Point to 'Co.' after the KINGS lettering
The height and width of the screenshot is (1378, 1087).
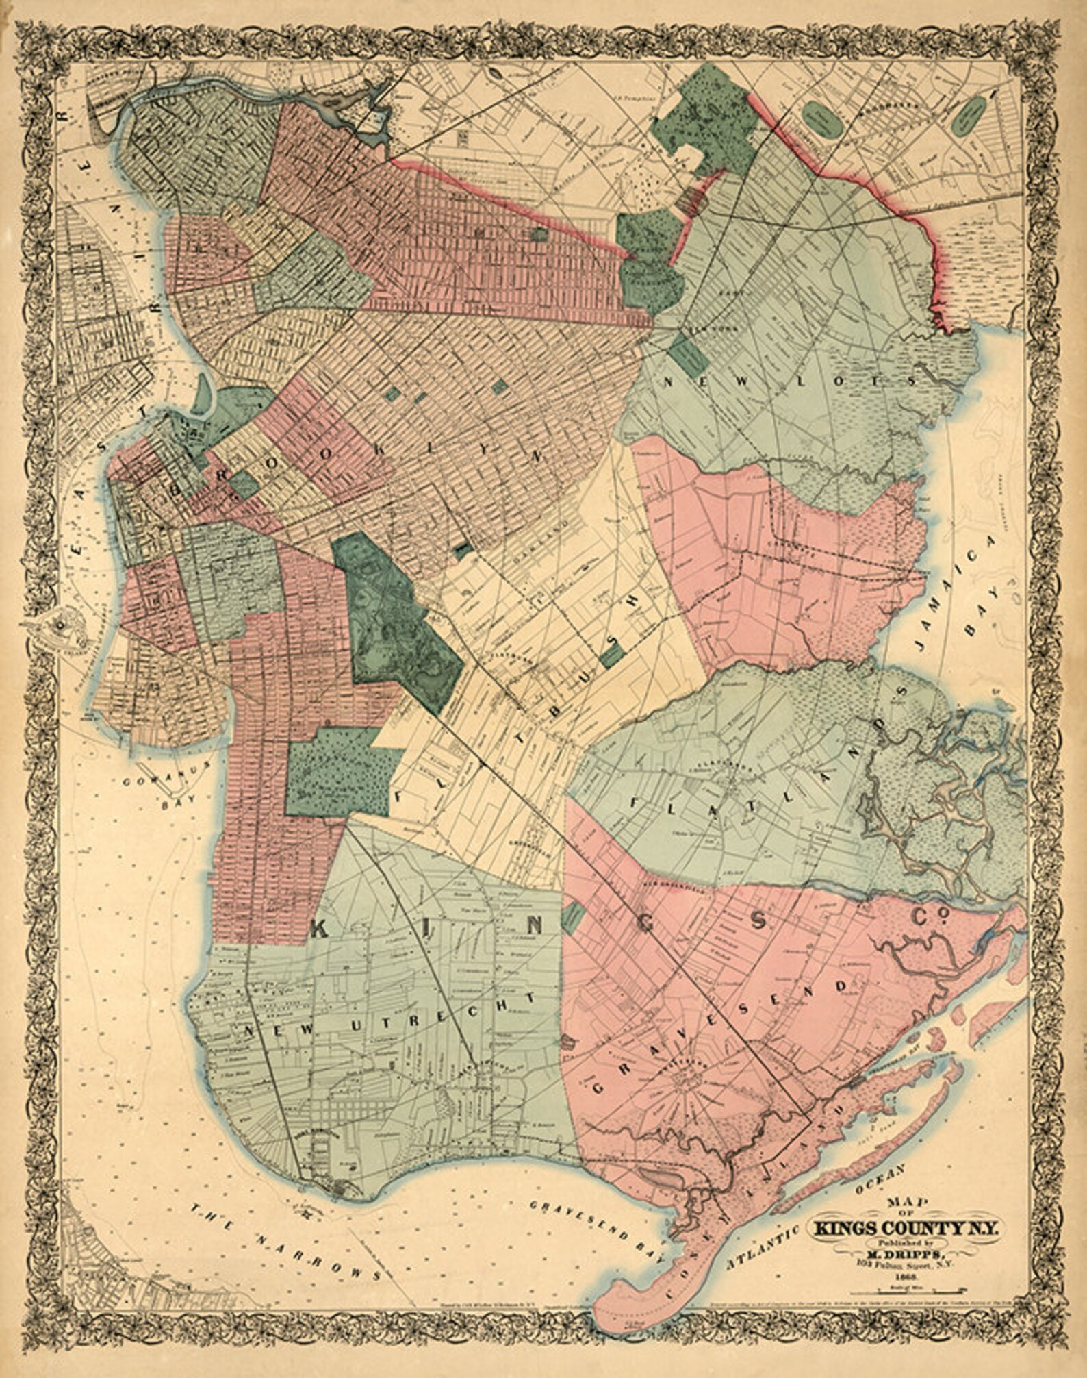[x=927, y=917]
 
